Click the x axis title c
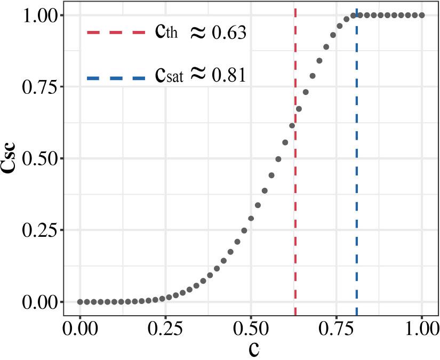click(254, 349)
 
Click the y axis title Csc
click(12, 158)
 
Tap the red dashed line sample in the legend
click(116, 33)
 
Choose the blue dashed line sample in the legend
click(116, 78)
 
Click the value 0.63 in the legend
click(229, 34)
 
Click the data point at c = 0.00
click(80, 302)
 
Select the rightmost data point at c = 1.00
click(422, 15)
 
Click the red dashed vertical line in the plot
click(295, 213)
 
